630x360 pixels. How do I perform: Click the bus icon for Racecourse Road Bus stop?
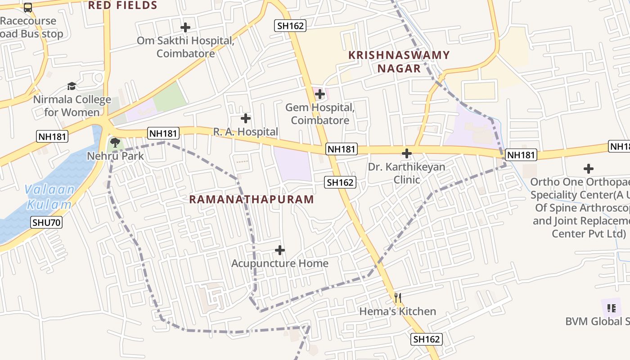28,7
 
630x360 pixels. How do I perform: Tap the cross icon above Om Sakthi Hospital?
185,27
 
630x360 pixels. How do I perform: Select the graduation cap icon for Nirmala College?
72,86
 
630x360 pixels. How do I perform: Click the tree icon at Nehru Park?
115,143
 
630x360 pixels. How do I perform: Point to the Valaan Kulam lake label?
49,197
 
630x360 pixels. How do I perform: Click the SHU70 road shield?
47,222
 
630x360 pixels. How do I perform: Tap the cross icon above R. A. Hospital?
246,118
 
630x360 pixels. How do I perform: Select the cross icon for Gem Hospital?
320,94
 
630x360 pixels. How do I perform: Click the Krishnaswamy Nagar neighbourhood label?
399,62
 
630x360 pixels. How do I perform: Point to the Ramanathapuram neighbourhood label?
252,199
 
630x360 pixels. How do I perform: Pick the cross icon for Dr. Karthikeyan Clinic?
407,153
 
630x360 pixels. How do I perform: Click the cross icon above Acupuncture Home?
280,250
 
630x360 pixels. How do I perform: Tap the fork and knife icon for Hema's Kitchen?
397,297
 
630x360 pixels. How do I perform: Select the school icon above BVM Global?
611,308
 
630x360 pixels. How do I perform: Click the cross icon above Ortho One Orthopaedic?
589,169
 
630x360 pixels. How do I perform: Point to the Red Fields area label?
122,5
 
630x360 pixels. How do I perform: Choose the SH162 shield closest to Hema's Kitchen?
427,339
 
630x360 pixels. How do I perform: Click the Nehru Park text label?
116,156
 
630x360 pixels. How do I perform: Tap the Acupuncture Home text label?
280,263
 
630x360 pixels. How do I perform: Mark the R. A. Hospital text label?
246,132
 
